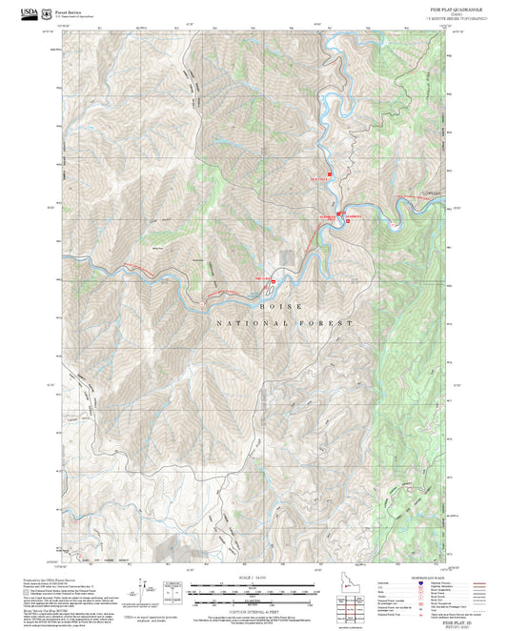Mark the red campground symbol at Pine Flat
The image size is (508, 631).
(274, 281)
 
